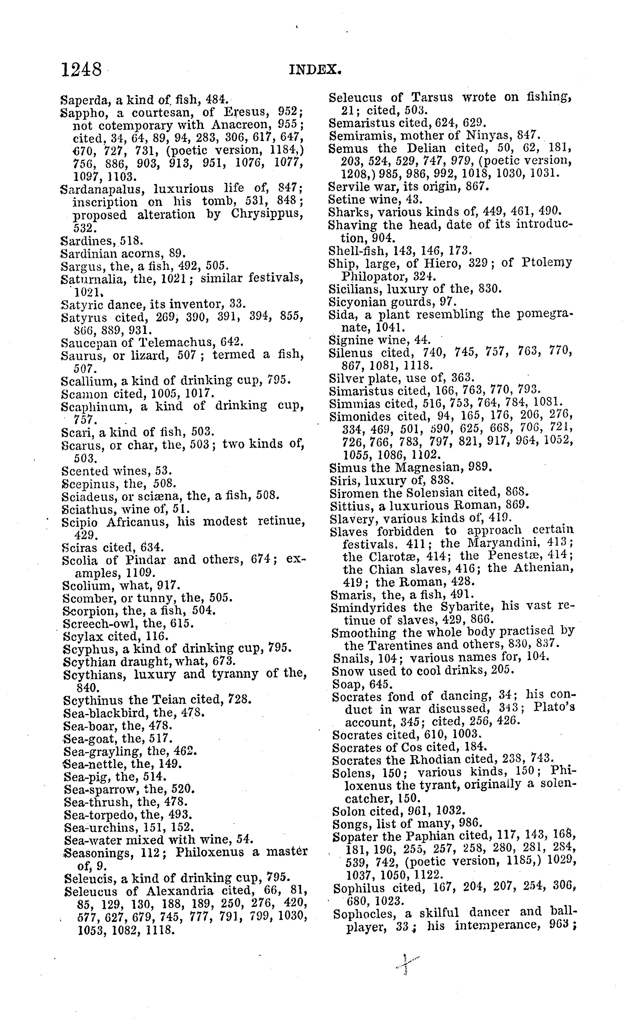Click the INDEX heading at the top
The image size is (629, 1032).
[x=315, y=69]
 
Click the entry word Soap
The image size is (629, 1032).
[x=346, y=684]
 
